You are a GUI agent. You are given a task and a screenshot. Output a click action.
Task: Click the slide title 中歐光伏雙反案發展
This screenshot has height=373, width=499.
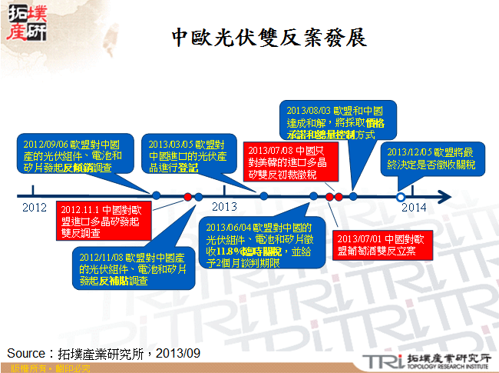pos(268,38)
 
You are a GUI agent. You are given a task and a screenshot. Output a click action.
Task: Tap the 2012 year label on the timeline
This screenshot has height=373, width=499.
pos(35,208)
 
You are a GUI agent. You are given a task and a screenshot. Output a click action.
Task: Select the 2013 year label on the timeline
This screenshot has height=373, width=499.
pos(224,206)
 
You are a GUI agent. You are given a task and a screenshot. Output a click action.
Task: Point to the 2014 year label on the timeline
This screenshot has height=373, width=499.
pos(414,206)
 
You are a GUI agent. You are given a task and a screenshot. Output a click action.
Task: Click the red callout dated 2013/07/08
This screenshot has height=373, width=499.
pos(282,162)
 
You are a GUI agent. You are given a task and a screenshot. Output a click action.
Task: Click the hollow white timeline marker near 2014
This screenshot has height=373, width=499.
pos(400,197)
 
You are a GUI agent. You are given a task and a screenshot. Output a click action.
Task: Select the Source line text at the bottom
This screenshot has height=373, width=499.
pos(104,353)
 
